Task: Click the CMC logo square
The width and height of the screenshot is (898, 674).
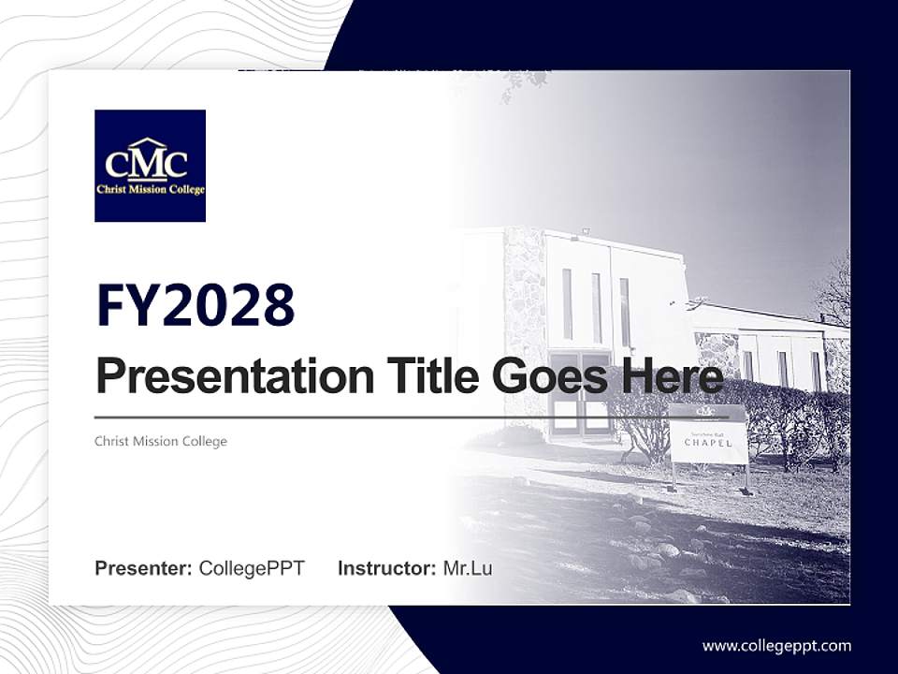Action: [x=150, y=166]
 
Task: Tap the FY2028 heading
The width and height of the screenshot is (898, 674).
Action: [x=196, y=304]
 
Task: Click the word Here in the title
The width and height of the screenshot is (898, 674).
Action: [x=671, y=376]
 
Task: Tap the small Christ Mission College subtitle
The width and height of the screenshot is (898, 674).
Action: [x=161, y=441]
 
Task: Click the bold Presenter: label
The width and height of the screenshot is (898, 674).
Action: [x=143, y=568]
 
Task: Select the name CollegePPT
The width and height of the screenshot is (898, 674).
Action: [x=252, y=568]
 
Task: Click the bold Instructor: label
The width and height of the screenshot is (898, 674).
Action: [x=386, y=568]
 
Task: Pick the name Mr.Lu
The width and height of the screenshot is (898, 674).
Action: [x=468, y=568]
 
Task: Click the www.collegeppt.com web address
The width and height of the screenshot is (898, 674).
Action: [x=776, y=645]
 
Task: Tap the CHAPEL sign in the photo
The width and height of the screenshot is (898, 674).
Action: [x=709, y=440]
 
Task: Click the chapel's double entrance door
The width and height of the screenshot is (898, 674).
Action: [x=580, y=393]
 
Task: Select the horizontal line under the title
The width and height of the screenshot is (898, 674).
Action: [x=412, y=417]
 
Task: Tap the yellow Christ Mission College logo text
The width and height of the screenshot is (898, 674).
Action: [x=150, y=189]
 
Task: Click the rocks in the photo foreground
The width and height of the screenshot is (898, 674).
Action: [x=655, y=552]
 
